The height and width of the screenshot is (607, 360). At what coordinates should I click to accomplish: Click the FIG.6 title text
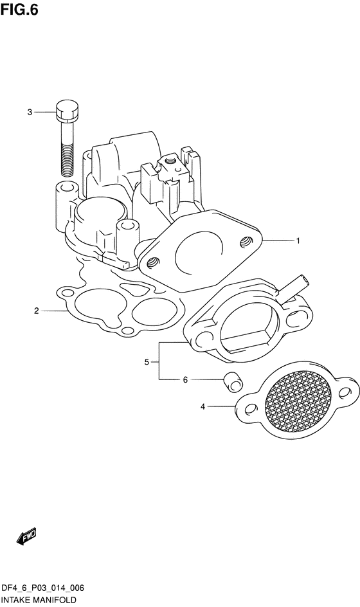(x=19, y=9)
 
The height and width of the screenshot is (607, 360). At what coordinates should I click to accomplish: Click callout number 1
(x=298, y=240)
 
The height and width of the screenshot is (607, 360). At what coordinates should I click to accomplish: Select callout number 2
(x=37, y=311)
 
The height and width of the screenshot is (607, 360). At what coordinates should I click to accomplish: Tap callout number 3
(x=30, y=113)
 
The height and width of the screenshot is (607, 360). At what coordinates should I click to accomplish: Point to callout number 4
(x=203, y=407)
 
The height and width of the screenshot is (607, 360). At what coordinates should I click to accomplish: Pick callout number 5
(x=147, y=363)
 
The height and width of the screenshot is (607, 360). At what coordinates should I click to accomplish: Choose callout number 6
(x=185, y=380)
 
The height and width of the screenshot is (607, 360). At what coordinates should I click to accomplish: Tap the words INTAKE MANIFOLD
(x=38, y=600)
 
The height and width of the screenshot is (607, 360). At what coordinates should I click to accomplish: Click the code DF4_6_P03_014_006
(x=42, y=588)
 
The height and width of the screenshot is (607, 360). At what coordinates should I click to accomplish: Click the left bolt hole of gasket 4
(x=251, y=409)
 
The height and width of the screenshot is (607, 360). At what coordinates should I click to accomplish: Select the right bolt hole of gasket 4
(x=344, y=393)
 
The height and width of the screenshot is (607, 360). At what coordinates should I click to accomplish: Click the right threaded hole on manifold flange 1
(x=245, y=242)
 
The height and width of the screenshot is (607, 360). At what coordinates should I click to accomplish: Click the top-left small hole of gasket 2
(x=67, y=291)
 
